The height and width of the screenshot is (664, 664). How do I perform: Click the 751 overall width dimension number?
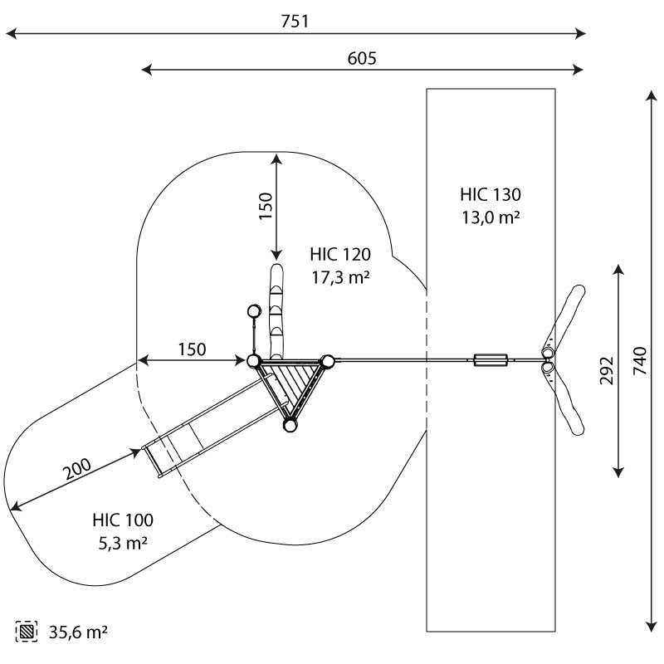(x=295, y=22)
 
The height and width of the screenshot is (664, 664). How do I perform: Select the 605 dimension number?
(x=362, y=58)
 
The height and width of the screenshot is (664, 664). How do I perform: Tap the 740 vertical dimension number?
(x=640, y=360)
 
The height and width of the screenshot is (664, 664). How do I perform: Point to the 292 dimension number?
(x=607, y=370)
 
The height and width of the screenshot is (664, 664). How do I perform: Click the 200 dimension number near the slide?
(x=76, y=469)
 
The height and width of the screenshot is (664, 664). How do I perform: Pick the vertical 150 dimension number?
(x=266, y=206)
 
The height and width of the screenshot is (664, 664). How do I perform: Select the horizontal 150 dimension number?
(x=192, y=349)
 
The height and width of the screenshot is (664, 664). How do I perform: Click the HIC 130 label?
(x=491, y=194)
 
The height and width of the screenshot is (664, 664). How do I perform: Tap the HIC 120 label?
(x=340, y=254)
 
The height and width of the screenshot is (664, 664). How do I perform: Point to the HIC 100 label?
(x=123, y=520)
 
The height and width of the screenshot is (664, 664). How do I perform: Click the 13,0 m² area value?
(x=491, y=217)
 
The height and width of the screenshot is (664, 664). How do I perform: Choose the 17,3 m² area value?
(x=340, y=277)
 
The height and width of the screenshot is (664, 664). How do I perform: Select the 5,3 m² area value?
(x=123, y=543)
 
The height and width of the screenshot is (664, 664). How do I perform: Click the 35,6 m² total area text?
(x=78, y=632)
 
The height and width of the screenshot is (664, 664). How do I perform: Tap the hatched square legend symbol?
(x=27, y=632)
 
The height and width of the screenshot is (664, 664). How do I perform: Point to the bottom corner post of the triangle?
(x=290, y=424)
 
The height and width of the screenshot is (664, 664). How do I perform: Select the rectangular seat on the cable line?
(x=491, y=360)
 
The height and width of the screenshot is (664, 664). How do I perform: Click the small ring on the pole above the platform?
(x=254, y=311)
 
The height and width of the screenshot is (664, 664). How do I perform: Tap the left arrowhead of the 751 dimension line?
(x=12, y=33)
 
